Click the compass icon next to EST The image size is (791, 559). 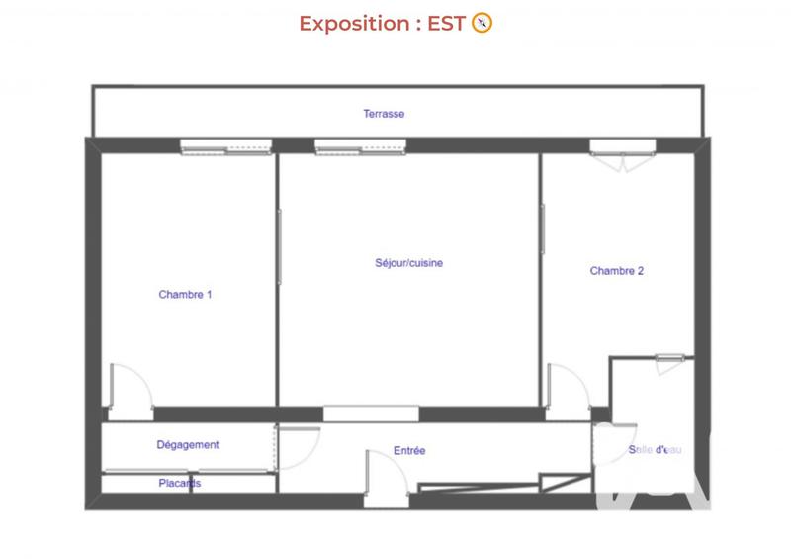483,24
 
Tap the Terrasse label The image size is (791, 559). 384,114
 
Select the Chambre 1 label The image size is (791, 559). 185,294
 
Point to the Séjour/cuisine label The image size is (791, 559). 409,263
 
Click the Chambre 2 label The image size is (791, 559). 617,270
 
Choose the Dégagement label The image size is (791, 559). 188,445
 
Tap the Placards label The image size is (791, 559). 180,483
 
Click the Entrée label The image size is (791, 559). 409,451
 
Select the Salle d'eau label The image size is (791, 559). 655,450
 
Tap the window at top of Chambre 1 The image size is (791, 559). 225,147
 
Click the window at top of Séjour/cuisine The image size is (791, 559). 360,147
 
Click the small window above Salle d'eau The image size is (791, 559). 669,358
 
